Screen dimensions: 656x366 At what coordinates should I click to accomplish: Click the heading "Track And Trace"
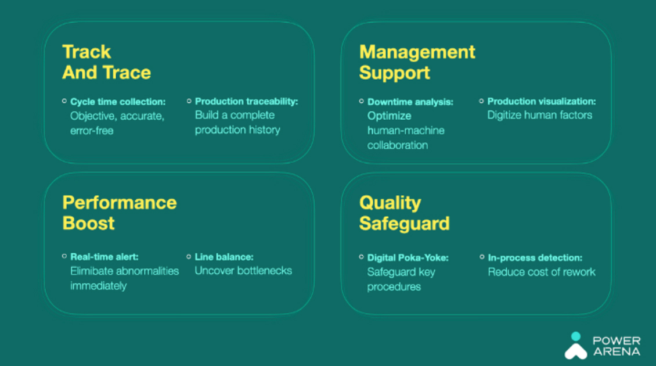pos(106,62)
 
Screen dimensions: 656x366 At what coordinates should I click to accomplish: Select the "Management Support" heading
pos(417,62)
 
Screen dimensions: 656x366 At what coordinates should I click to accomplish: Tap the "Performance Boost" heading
pos(119,213)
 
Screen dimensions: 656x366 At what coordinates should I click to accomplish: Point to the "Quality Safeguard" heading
pos(404,213)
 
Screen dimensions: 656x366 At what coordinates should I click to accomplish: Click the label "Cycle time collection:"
pos(118,102)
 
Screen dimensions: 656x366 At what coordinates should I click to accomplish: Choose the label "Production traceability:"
pos(246,101)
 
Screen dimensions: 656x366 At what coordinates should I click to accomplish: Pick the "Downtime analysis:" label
pos(410,102)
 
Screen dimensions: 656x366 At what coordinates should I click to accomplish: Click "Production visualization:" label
pos(542,101)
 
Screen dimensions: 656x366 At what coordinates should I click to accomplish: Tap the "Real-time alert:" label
pos(104,257)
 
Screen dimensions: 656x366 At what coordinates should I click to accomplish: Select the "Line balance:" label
pos(224,257)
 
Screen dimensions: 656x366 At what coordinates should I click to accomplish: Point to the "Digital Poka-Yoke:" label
pos(408,257)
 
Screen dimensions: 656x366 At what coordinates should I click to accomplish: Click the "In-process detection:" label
pos(535,257)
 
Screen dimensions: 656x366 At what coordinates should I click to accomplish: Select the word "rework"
pos(579,272)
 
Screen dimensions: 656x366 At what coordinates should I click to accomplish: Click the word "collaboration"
pos(398,145)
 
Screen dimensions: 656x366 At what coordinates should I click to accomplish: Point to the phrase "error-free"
pos(92,131)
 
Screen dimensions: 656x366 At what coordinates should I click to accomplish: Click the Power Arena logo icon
pos(576,346)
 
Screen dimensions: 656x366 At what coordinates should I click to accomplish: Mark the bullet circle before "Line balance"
pos(189,256)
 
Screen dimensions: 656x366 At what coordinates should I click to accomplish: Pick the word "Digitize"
pos(504,115)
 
